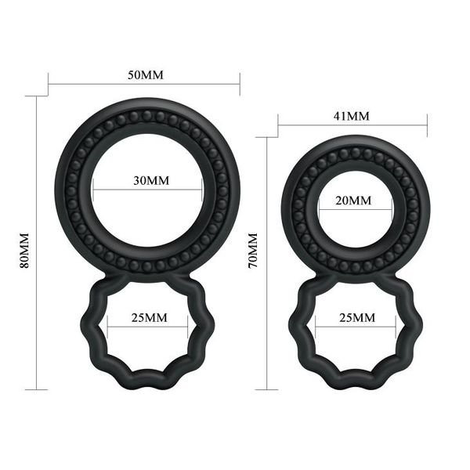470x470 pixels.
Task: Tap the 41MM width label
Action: (x=352, y=116)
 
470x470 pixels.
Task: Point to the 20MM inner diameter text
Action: (x=353, y=201)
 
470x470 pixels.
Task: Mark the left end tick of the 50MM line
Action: (x=49, y=84)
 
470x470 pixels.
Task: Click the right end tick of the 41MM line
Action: (x=427, y=124)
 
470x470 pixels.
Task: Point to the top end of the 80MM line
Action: (x=37, y=96)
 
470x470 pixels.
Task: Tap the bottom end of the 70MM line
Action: (x=267, y=389)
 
